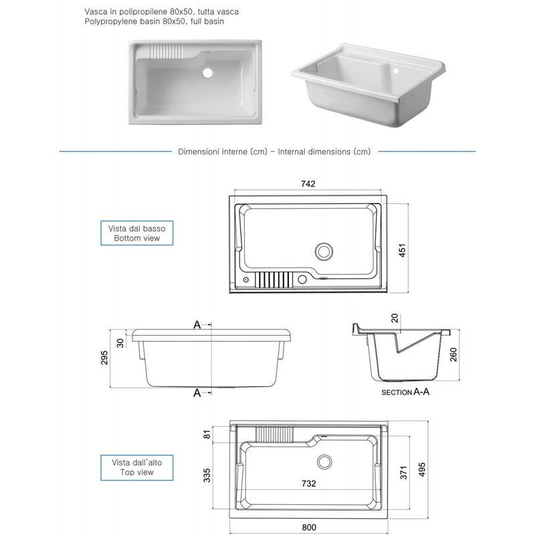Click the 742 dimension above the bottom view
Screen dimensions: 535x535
coord(308,184)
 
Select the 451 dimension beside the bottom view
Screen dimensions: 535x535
coord(403,248)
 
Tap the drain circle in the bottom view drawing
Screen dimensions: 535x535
coord(324,251)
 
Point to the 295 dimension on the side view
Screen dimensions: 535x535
coord(105,358)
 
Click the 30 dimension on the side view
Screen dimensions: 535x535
coord(120,342)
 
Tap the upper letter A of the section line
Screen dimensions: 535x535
coord(197,325)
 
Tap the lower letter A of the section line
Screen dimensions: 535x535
coord(197,393)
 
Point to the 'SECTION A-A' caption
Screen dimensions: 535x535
coord(405,393)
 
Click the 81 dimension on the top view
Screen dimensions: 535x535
coord(207,435)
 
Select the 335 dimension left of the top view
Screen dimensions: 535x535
coord(207,475)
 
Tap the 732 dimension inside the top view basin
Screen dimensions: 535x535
coord(308,484)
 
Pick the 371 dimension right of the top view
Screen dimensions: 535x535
coord(401,473)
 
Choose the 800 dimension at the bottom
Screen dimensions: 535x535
coord(308,528)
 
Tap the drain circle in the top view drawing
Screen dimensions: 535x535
coord(326,461)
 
